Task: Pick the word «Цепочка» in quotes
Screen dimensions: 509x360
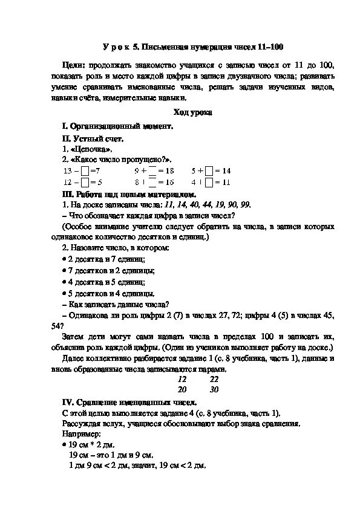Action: (88, 149)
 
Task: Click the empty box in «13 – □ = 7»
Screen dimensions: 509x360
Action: (85, 171)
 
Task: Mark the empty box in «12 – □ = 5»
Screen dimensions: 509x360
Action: (85, 182)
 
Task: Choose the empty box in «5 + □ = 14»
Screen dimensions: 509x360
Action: (209, 171)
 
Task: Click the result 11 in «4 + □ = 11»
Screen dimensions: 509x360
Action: (227, 182)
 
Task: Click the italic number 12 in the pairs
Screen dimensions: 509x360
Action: (182, 379)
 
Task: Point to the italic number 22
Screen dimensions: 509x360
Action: (214, 379)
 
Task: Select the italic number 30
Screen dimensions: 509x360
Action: (214, 389)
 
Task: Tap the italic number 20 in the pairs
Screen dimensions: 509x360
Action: (182, 389)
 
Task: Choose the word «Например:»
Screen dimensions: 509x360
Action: (80, 434)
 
